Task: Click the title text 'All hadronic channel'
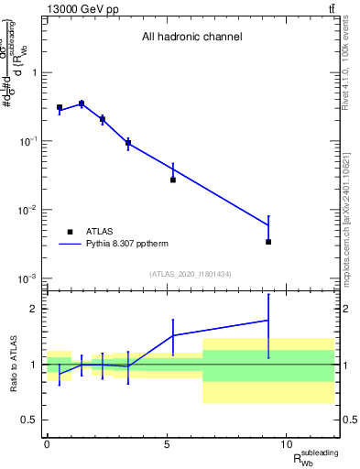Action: [x=191, y=38]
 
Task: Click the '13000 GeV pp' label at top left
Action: [x=80, y=8]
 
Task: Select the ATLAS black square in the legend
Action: [x=70, y=232]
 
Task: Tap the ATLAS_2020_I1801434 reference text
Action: [x=191, y=274]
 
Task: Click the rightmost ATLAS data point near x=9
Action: [x=268, y=242]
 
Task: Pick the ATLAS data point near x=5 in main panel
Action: [x=173, y=180]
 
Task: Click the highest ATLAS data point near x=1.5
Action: [x=82, y=104]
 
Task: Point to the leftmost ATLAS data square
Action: [x=60, y=108]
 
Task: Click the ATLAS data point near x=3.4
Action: [x=128, y=143]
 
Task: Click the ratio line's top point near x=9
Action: [x=268, y=320]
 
